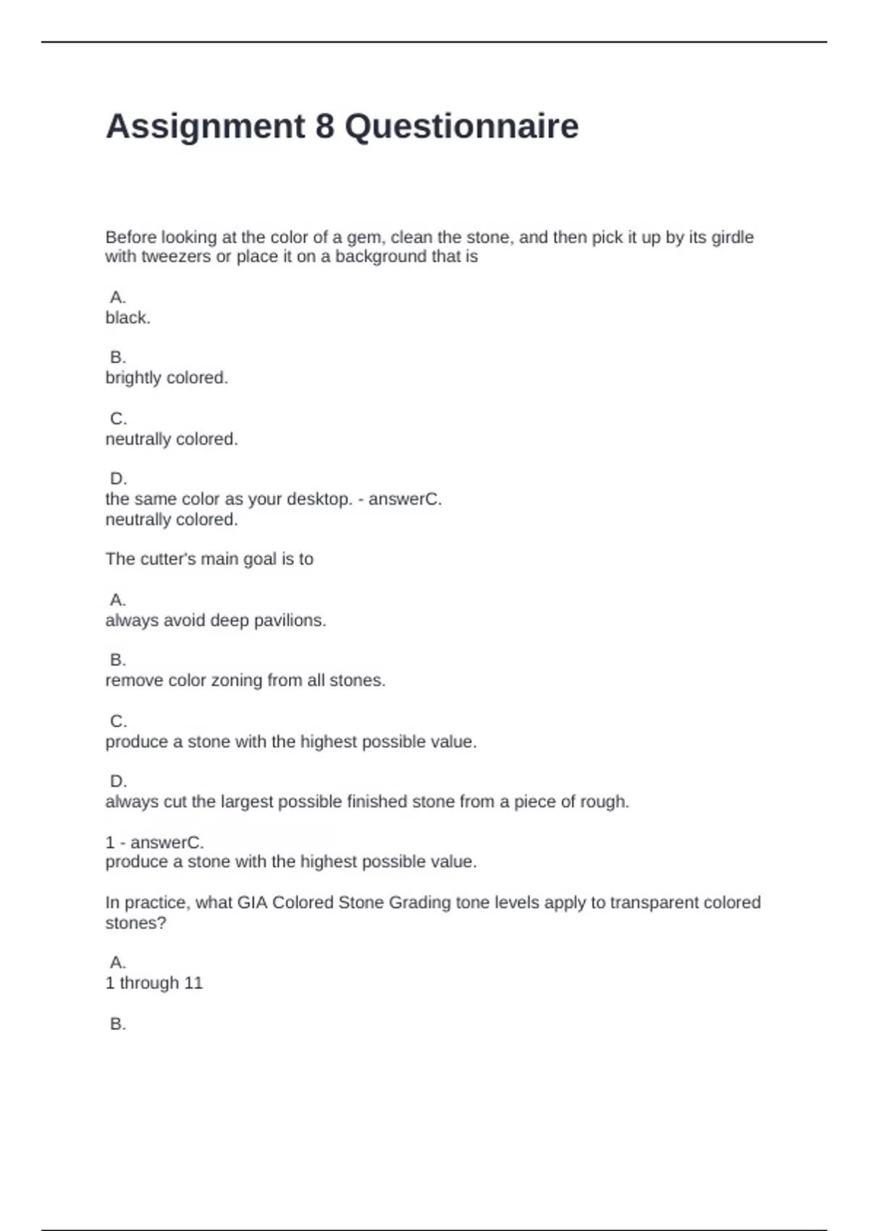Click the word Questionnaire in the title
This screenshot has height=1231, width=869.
point(461,127)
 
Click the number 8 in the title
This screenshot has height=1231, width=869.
point(324,127)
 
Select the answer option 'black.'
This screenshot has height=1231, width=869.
point(128,318)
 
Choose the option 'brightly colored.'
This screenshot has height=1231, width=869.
point(167,378)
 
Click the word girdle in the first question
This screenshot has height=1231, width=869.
point(732,238)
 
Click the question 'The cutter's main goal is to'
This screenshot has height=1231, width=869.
point(209,559)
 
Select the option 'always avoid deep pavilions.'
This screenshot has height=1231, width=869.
point(216,621)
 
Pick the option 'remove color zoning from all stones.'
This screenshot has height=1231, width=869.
point(245,681)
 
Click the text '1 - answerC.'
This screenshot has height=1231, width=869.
point(155,842)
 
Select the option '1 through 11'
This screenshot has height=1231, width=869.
point(154,983)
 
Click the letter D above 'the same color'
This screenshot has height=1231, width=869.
point(118,479)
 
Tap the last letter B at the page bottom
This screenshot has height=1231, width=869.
point(117,1024)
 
